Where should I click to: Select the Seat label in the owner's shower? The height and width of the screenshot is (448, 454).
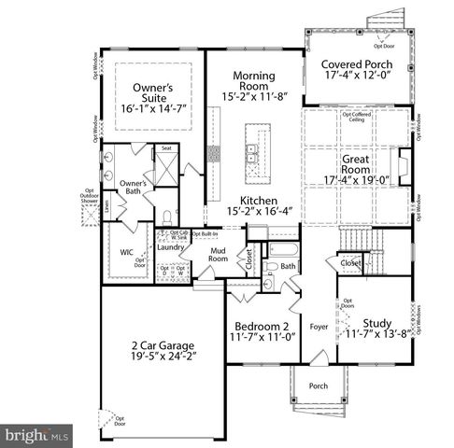point(165,147)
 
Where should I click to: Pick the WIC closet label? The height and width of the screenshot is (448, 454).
point(128,253)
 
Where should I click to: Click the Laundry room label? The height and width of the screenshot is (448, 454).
point(169,247)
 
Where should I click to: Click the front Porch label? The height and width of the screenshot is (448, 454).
point(319,385)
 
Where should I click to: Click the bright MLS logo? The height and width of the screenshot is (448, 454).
point(37,435)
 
